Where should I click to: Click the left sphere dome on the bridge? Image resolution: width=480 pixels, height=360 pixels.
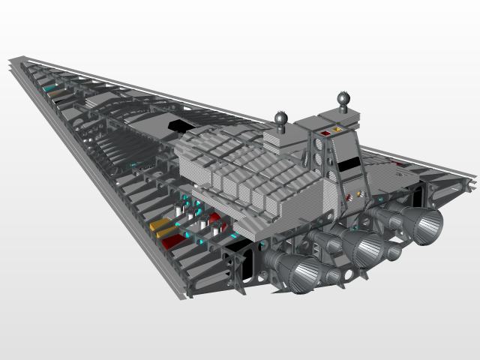282,118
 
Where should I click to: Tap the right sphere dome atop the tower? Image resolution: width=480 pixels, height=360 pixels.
343,97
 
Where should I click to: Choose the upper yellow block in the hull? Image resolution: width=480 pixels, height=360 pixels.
158,224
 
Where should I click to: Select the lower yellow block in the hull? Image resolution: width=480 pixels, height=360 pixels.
164,233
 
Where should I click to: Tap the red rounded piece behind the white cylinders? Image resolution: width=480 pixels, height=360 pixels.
215,218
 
